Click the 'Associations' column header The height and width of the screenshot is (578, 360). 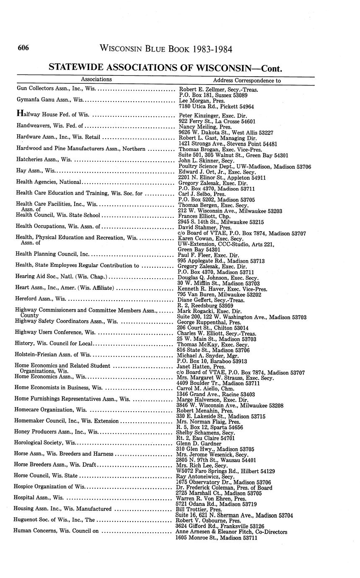click(96, 79)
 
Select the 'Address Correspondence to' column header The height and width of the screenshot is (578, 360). click(247, 80)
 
